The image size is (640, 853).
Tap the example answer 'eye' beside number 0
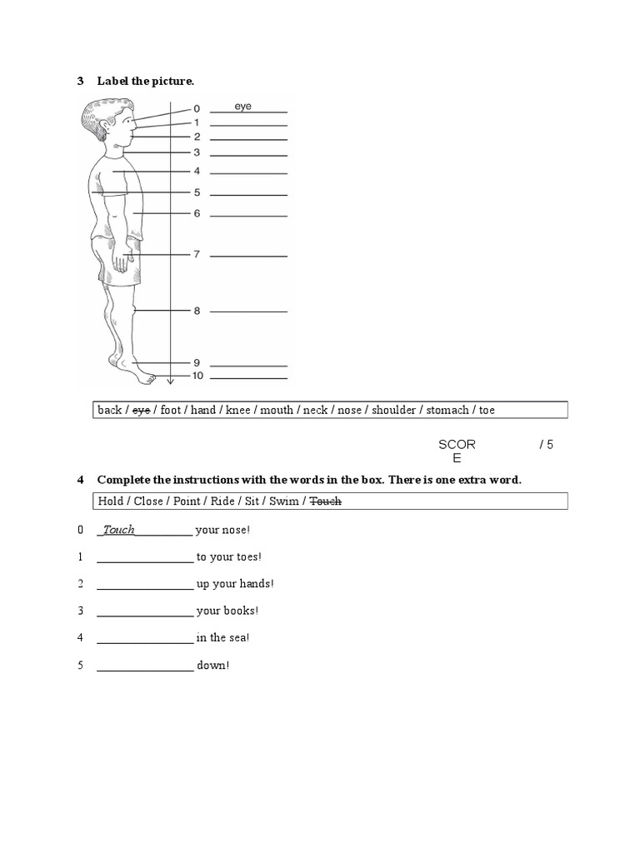point(242,107)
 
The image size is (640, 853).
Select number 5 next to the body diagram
point(197,192)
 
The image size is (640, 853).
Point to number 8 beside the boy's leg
point(197,311)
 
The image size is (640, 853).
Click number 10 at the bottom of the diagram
point(197,377)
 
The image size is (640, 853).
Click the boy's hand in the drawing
point(122,262)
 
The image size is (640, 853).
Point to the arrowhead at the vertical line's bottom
point(170,382)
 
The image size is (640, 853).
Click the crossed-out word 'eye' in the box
point(141,410)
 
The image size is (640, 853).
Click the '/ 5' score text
point(546,445)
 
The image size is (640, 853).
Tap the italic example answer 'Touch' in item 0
point(118,530)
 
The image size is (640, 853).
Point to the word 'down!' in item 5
point(212,666)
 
